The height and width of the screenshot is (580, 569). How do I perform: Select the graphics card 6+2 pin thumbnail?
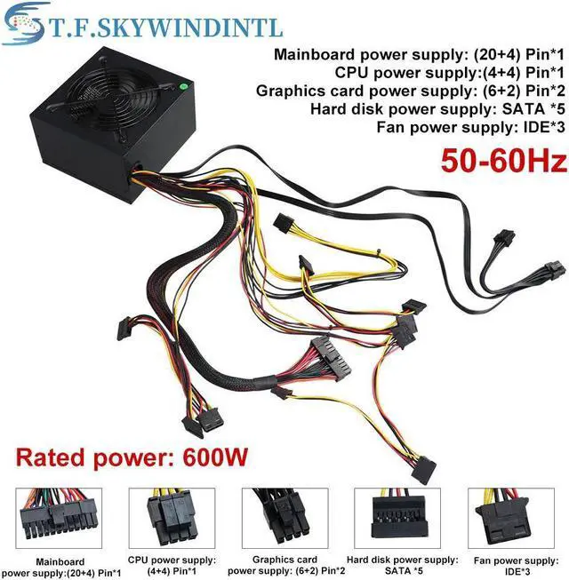[x=285, y=519]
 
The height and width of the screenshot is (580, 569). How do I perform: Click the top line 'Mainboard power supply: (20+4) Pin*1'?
[x=420, y=55]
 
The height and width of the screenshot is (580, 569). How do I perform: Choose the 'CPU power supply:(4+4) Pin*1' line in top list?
[x=437, y=73]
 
